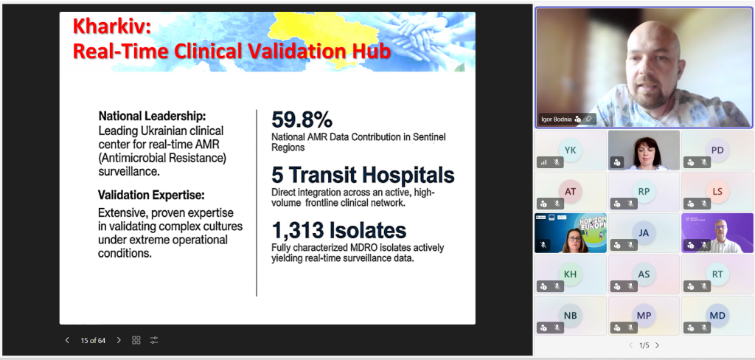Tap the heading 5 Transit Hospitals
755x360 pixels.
click(x=363, y=175)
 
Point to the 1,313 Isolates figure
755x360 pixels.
click(x=339, y=230)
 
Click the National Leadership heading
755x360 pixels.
click(x=152, y=116)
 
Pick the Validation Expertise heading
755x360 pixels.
click(x=151, y=195)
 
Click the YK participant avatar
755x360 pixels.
click(x=571, y=150)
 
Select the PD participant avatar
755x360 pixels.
click(x=717, y=150)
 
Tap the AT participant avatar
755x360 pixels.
click(x=571, y=192)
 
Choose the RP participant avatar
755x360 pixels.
click(x=644, y=192)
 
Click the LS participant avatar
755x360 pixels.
click(x=717, y=192)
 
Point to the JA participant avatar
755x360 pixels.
click(x=644, y=233)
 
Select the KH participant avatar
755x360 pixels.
click(x=571, y=274)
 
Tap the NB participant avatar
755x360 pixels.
click(x=571, y=316)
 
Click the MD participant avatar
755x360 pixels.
click(x=717, y=316)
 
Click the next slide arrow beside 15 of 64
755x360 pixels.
click(x=119, y=340)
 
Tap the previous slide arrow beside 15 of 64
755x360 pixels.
click(x=67, y=340)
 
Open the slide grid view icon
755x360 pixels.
click(x=136, y=340)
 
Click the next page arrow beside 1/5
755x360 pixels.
click(x=657, y=345)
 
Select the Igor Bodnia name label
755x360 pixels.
click(x=556, y=119)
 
